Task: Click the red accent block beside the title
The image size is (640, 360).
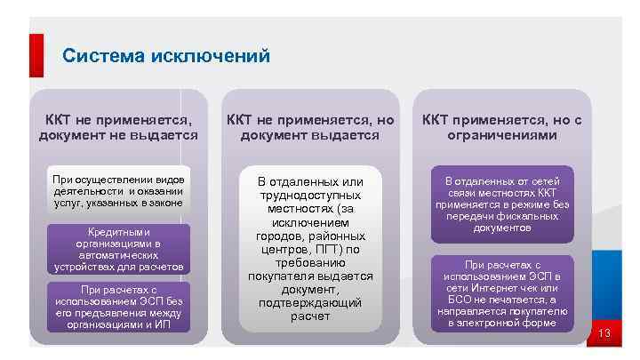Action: coord(36,55)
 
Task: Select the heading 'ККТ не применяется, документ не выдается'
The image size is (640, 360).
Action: coord(118,127)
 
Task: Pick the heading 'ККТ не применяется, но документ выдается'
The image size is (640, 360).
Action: coord(310,127)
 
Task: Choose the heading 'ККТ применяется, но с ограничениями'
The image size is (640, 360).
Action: coord(502,127)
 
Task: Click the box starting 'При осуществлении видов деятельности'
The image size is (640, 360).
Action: coord(118,191)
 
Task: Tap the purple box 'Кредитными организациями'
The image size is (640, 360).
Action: coord(118,249)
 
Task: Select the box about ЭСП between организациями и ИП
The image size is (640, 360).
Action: coord(118,307)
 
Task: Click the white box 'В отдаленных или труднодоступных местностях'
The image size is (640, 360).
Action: coord(310,249)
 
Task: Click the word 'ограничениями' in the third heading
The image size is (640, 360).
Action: coord(502,136)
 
